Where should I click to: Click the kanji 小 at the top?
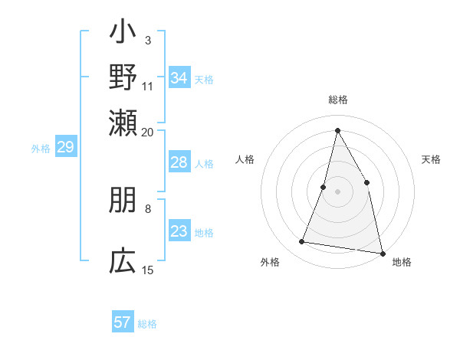click(x=123, y=34)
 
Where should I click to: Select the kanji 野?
click(x=123, y=78)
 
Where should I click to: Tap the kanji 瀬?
click(x=123, y=121)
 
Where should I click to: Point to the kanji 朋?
click(x=123, y=201)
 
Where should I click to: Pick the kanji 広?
click(x=123, y=261)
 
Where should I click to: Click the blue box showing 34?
click(x=179, y=78)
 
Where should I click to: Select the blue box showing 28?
click(x=179, y=162)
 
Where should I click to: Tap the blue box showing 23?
click(x=179, y=231)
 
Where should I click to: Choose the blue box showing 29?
click(x=65, y=148)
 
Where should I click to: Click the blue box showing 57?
click(x=123, y=322)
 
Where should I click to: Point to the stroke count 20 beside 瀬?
click(x=148, y=132)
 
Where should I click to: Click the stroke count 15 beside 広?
click(x=148, y=270)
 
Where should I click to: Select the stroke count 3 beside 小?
click(x=148, y=40)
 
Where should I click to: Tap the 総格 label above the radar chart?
click(x=338, y=100)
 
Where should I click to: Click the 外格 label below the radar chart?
click(x=270, y=262)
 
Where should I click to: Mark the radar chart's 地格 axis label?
click(x=402, y=262)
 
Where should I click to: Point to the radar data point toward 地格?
click(x=382, y=252)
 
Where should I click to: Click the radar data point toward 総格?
click(x=337, y=129)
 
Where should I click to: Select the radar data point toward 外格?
click(x=302, y=242)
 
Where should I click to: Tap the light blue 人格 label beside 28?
click(x=204, y=163)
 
